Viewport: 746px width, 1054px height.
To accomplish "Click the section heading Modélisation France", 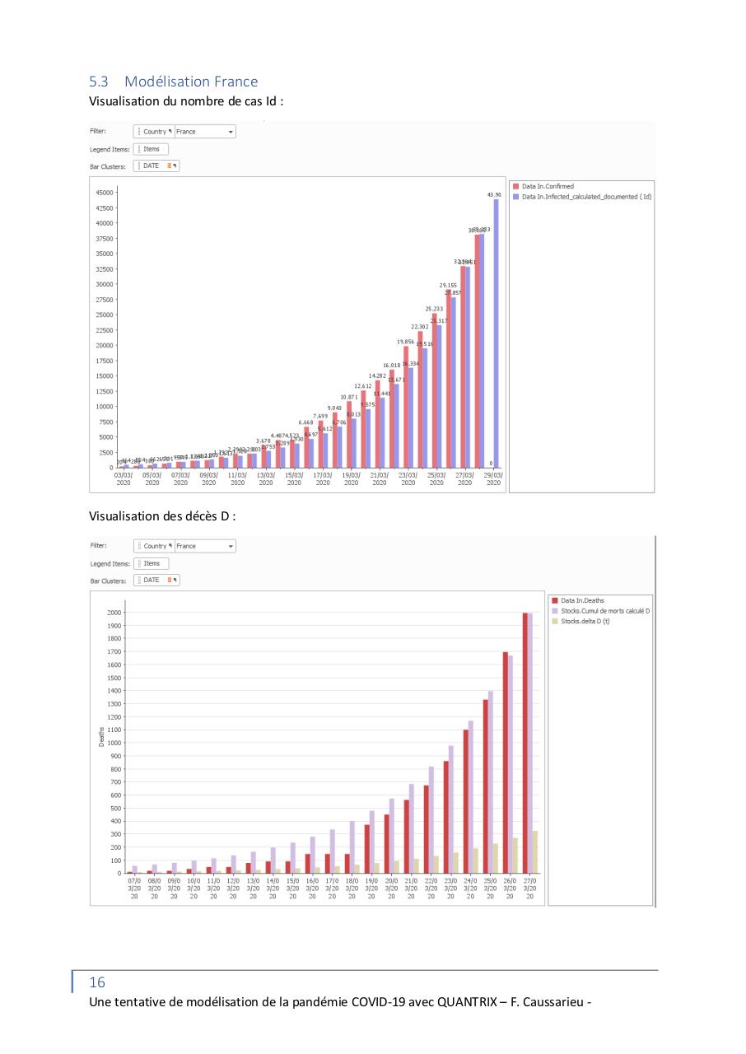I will tap(190, 82).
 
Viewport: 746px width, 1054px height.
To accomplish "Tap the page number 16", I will tap(97, 982).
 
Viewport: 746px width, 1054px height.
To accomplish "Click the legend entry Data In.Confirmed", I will tap(548, 187).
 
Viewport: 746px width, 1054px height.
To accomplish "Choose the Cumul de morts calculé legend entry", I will tap(600, 611).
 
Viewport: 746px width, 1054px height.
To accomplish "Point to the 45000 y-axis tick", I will tap(103, 192).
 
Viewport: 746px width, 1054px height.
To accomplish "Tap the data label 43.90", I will tap(492, 194).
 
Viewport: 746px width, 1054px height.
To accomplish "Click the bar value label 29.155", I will tap(449, 285).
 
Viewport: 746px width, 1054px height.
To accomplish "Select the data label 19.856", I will tap(405, 341).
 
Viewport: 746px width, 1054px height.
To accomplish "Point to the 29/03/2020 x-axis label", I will tap(493, 479).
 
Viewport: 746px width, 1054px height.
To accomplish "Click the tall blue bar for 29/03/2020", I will tap(496, 329).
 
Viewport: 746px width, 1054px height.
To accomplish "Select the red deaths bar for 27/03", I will tap(525, 741).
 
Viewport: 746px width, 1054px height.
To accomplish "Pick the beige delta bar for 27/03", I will tap(535, 851).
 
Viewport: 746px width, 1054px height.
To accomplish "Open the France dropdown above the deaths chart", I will tap(205, 546).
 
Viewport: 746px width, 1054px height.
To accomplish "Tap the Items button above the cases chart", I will tap(151, 149).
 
